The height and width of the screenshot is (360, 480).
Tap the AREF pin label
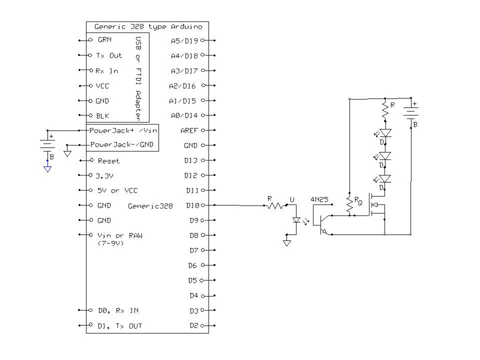189,130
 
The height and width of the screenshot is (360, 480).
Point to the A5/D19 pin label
184,40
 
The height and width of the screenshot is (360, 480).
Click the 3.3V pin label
105,176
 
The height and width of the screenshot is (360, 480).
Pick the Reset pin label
108,161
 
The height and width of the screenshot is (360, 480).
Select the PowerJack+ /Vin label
123,130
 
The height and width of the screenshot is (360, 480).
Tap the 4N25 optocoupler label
319,199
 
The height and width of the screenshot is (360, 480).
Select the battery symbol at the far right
410,114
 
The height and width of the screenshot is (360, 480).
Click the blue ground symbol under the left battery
47,169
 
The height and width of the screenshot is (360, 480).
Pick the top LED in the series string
385,133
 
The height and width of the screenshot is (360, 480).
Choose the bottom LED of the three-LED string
385,178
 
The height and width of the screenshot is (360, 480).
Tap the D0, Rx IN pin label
117,310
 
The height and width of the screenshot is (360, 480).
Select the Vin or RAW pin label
119,235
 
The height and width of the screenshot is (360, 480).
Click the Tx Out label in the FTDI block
108,55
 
